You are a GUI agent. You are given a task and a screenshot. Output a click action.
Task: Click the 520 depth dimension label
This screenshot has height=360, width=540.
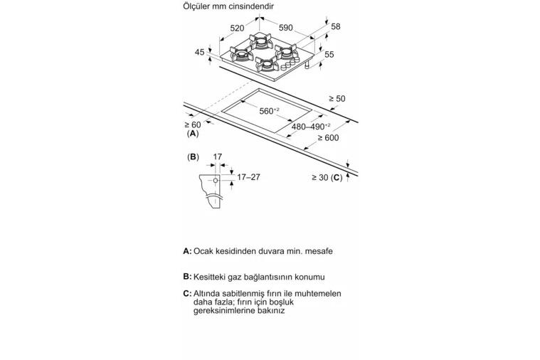(x=237, y=28)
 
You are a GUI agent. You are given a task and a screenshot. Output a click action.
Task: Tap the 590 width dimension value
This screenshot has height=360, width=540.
(x=285, y=28)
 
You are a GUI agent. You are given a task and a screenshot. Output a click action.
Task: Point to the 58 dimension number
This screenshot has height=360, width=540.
(x=335, y=26)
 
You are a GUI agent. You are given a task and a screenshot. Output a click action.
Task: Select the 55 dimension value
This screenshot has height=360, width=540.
(x=329, y=55)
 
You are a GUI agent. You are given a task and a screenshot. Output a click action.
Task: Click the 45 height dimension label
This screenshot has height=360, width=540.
(x=199, y=52)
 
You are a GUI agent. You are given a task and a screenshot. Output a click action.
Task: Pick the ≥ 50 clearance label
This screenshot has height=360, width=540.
(x=337, y=98)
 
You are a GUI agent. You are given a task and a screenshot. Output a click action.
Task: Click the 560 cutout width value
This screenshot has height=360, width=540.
(x=269, y=111)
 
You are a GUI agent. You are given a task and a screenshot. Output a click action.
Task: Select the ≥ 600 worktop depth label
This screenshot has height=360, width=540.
(x=328, y=138)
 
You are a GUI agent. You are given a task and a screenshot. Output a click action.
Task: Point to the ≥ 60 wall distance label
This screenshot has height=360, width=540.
(x=193, y=125)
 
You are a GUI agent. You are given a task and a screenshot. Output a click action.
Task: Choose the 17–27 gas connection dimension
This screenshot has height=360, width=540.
(x=248, y=177)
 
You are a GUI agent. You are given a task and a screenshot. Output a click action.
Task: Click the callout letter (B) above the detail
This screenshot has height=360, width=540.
(x=193, y=157)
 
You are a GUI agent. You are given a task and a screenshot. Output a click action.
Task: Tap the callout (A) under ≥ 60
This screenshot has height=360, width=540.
(x=193, y=134)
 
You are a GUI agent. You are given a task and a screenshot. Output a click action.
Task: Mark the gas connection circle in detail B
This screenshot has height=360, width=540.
(x=216, y=180)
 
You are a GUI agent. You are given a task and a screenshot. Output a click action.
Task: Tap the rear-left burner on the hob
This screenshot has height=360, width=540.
(x=260, y=41)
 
